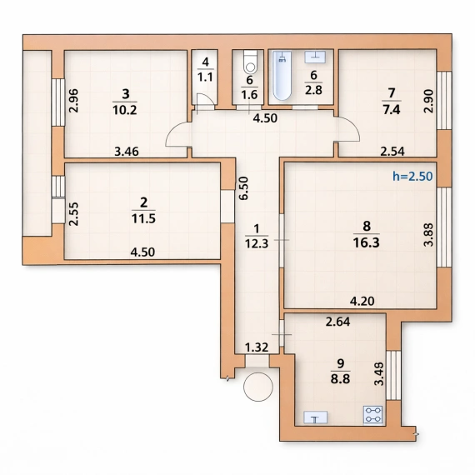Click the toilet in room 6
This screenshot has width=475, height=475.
(250, 62)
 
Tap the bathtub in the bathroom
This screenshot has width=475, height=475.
(282, 76)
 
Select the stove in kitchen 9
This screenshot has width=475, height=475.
(372, 415)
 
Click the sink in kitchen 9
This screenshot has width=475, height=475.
(315, 418)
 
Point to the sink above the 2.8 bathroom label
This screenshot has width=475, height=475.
(315, 57)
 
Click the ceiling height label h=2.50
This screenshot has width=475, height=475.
(412, 176)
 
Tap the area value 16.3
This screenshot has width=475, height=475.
(366, 242)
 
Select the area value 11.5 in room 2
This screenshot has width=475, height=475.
(143, 218)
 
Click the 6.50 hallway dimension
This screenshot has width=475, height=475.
(243, 188)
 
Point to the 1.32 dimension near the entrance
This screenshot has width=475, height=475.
(257, 347)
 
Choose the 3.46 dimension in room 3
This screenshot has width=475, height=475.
(127, 151)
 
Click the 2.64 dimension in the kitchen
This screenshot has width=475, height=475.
(337, 322)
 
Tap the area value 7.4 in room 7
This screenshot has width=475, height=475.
(392, 109)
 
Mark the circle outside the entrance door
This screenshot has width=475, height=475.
(258, 387)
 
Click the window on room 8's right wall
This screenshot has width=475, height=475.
(444, 227)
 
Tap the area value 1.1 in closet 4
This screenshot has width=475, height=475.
(205, 77)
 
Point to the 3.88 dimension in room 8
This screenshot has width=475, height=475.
(428, 235)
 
